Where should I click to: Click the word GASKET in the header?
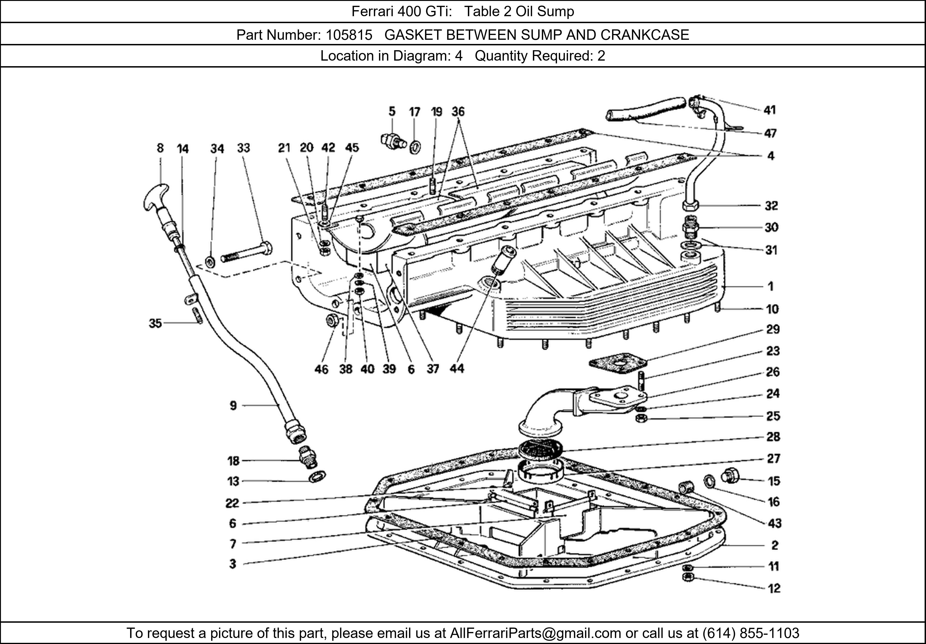(x=413, y=35)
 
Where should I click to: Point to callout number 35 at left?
(x=155, y=323)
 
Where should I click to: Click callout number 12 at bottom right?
(x=773, y=588)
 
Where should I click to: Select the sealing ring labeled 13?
(x=317, y=476)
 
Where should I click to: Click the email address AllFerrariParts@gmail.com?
(x=535, y=633)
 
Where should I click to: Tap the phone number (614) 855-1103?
(x=751, y=633)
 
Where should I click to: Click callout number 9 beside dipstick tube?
(x=233, y=406)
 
